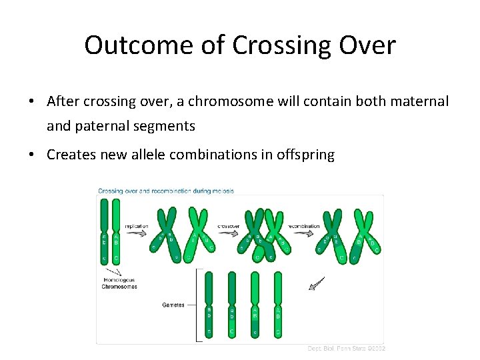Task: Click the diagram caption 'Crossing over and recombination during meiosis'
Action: click(166, 191)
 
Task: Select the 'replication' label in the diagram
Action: click(137, 226)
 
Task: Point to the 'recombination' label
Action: click(303, 226)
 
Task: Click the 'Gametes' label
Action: click(173, 305)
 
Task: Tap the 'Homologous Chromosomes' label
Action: click(120, 283)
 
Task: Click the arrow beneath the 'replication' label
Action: click(137, 235)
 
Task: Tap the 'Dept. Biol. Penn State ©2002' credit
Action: click(346, 348)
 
